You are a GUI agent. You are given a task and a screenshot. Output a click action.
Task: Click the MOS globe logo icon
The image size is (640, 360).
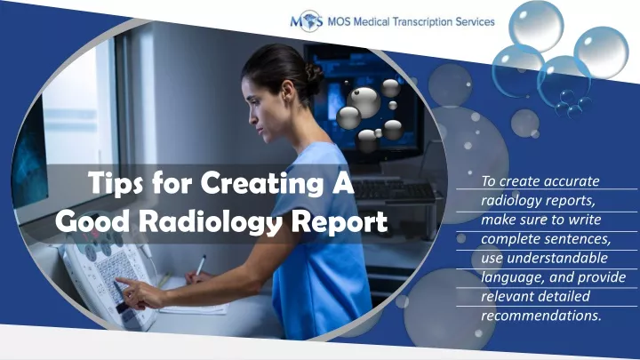tap(306, 21)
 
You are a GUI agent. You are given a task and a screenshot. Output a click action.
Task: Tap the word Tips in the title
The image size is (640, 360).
tap(116, 185)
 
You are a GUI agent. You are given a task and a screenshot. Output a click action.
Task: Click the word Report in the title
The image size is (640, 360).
tap(341, 220)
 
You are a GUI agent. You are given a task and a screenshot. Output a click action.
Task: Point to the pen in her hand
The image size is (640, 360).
tap(201, 266)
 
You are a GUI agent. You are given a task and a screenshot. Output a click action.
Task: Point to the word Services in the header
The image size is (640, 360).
tap(471, 21)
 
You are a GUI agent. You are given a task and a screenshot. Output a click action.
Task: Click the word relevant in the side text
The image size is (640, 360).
tap(506, 296)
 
